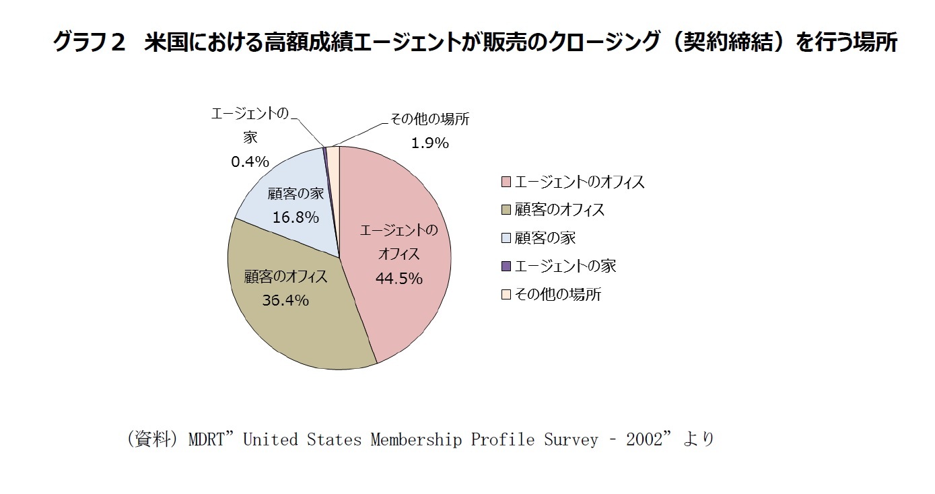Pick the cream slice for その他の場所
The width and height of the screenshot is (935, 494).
(x=333, y=156)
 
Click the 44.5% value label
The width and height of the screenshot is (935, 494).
(x=399, y=279)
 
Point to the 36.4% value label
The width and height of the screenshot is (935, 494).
(x=285, y=300)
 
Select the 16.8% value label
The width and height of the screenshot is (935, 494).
(x=296, y=217)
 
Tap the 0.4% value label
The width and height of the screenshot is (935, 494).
(x=250, y=162)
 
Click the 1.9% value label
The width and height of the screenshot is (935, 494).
(x=429, y=143)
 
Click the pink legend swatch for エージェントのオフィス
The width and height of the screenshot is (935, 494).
(x=506, y=182)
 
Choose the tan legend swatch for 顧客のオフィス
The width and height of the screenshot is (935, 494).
(x=506, y=211)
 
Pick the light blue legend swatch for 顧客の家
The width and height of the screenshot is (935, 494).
(x=506, y=238)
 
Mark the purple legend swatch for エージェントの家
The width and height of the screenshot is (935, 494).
(x=506, y=267)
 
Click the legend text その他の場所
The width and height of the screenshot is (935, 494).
(x=558, y=295)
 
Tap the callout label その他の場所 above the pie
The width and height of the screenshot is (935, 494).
(x=429, y=120)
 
